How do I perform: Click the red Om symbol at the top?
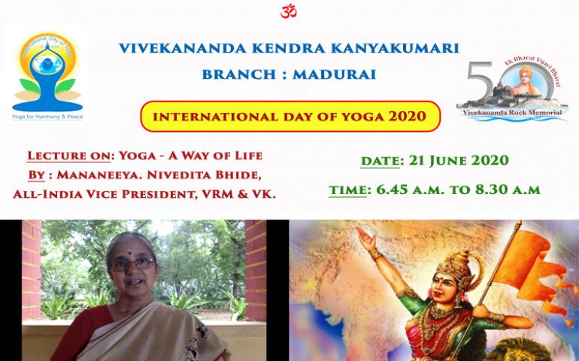coord(289,11)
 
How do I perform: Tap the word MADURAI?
coord(334,74)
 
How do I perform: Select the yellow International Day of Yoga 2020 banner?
coord(290,117)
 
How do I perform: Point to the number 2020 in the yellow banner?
coord(408,117)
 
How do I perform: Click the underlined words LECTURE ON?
coord(69,156)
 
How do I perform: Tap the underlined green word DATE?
coord(380,161)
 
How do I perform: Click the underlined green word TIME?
coord(348,190)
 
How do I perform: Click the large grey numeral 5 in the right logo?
coord(479,81)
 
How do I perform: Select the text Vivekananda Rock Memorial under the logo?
coord(512,112)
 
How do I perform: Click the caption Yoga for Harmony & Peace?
coord(47,117)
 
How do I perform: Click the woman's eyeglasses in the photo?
coord(133,264)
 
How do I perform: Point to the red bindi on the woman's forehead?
coord(129,253)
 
